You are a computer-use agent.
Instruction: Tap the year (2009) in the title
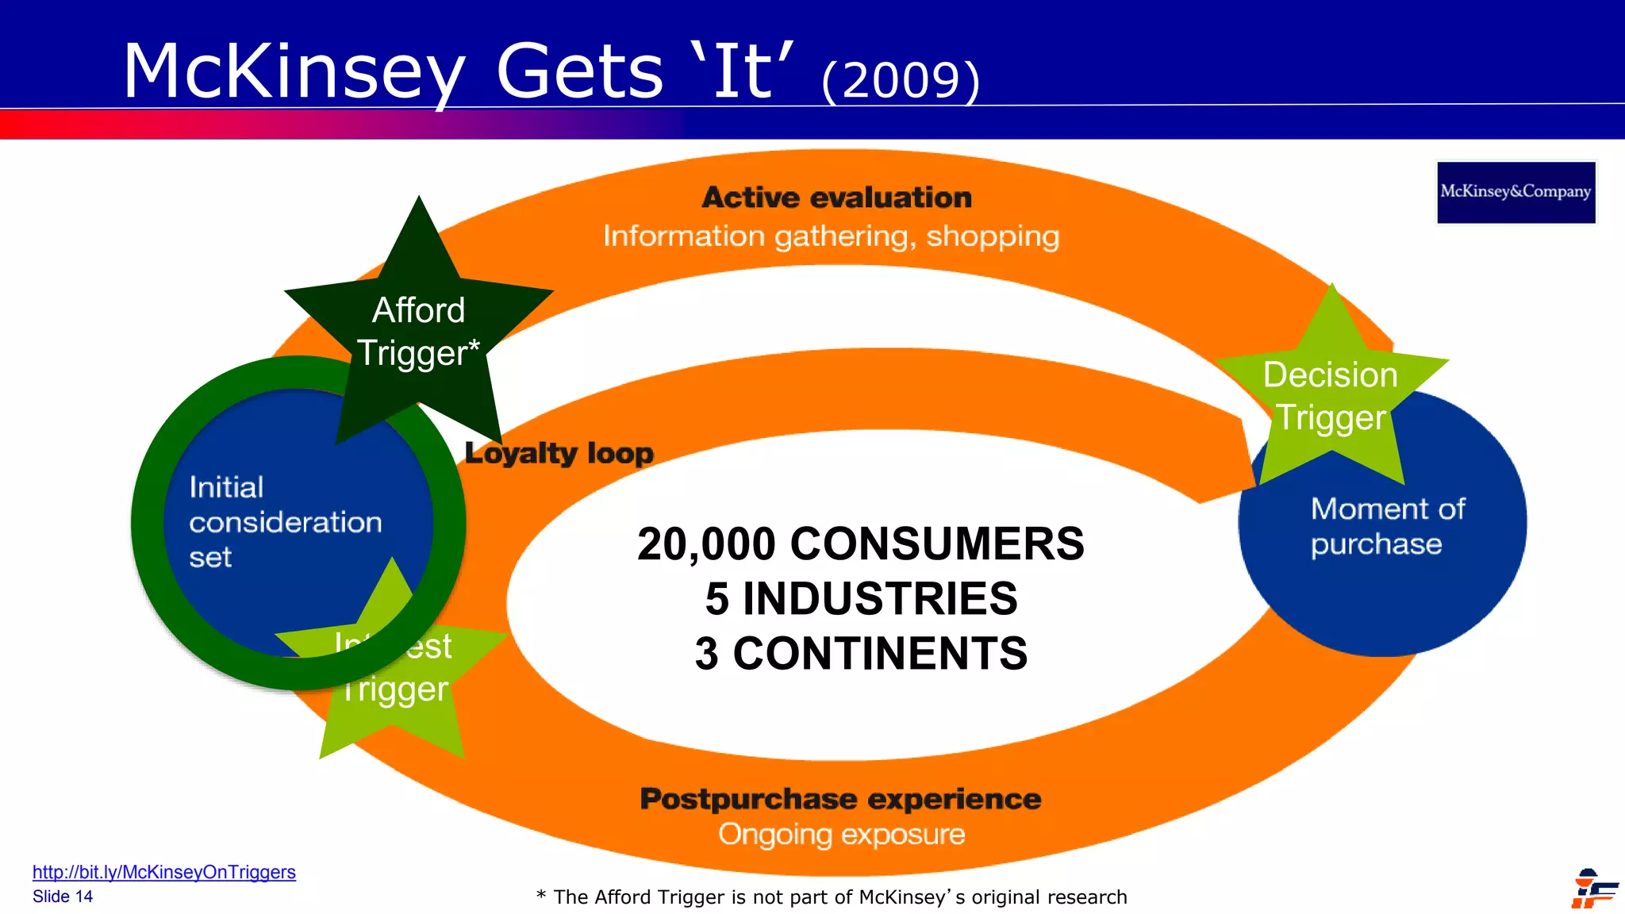click(x=901, y=79)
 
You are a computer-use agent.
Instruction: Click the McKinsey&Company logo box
click(x=1516, y=192)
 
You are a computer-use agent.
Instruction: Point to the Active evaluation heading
click(x=836, y=198)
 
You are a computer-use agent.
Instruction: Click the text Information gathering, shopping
click(x=831, y=236)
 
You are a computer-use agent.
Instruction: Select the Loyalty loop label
click(x=559, y=453)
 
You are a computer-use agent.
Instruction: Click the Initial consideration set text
click(x=284, y=522)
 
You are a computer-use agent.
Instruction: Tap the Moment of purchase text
click(x=1387, y=526)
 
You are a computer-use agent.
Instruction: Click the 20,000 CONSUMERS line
click(x=860, y=544)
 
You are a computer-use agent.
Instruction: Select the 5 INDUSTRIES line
click(x=861, y=598)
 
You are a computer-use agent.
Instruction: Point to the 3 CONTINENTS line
click(x=861, y=654)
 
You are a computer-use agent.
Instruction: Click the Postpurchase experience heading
click(x=840, y=799)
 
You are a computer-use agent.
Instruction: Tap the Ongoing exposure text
click(x=841, y=835)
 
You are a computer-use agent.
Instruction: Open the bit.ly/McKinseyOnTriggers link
click(x=163, y=872)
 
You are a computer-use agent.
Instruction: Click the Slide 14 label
click(x=63, y=897)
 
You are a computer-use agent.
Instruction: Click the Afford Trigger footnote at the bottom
click(x=832, y=897)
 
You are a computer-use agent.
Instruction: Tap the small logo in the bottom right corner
click(x=1593, y=889)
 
